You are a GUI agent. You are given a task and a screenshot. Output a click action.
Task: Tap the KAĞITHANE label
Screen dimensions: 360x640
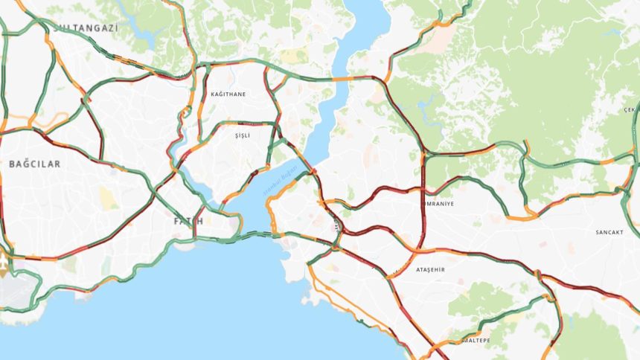click(228, 94)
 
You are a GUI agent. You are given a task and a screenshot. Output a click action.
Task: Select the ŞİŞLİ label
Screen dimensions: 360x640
click(243, 135)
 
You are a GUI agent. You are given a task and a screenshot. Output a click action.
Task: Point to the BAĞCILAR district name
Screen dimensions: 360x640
click(35, 162)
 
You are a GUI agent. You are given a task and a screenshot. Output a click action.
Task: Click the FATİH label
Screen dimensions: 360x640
click(188, 222)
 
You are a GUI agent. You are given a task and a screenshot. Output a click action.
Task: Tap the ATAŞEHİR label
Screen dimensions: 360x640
click(429, 269)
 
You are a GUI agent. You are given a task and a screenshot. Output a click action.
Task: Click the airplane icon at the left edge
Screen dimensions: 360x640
click(7, 266)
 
